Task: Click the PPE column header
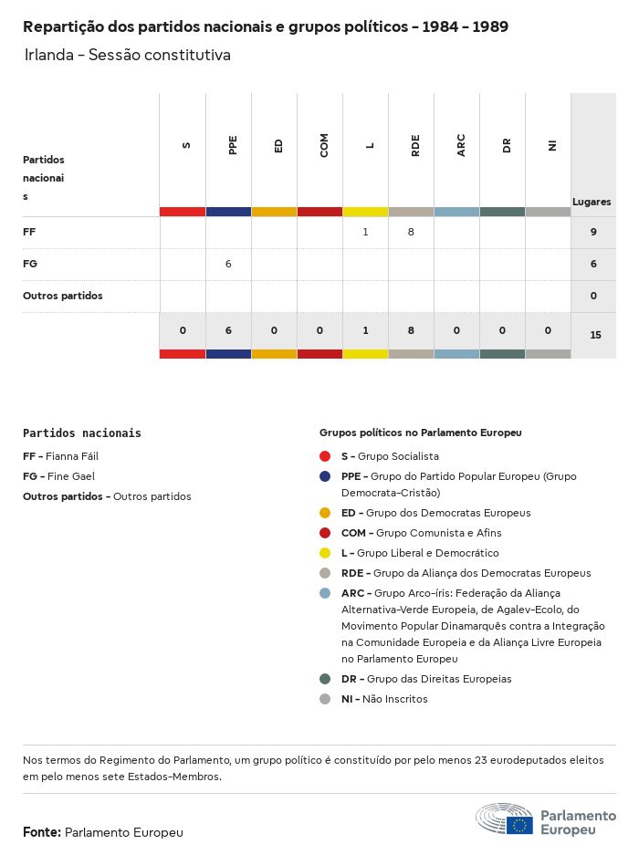click(x=233, y=145)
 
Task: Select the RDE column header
click(x=415, y=145)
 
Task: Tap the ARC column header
click(x=461, y=145)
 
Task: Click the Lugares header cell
click(x=592, y=202)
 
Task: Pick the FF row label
click(x=29, y=233)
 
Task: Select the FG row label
click(x=29, y=264)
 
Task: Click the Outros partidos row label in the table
click(x=63, y=296)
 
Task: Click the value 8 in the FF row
click(x=411, y=233)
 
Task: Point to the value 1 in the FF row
click(x=365, y=233)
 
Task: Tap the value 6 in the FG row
click(x=228, y=264)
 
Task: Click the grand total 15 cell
click(x=595, y=335)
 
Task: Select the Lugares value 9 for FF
click(x=593, y=233)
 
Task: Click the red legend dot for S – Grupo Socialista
click(x=325, y=456)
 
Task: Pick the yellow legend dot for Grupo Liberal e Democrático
click(x=325, y=553)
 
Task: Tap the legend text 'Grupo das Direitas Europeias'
click(x=438, y=679)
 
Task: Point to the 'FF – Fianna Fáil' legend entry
click(x=60, y=456)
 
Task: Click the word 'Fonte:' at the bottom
click(x=42, y=832)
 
